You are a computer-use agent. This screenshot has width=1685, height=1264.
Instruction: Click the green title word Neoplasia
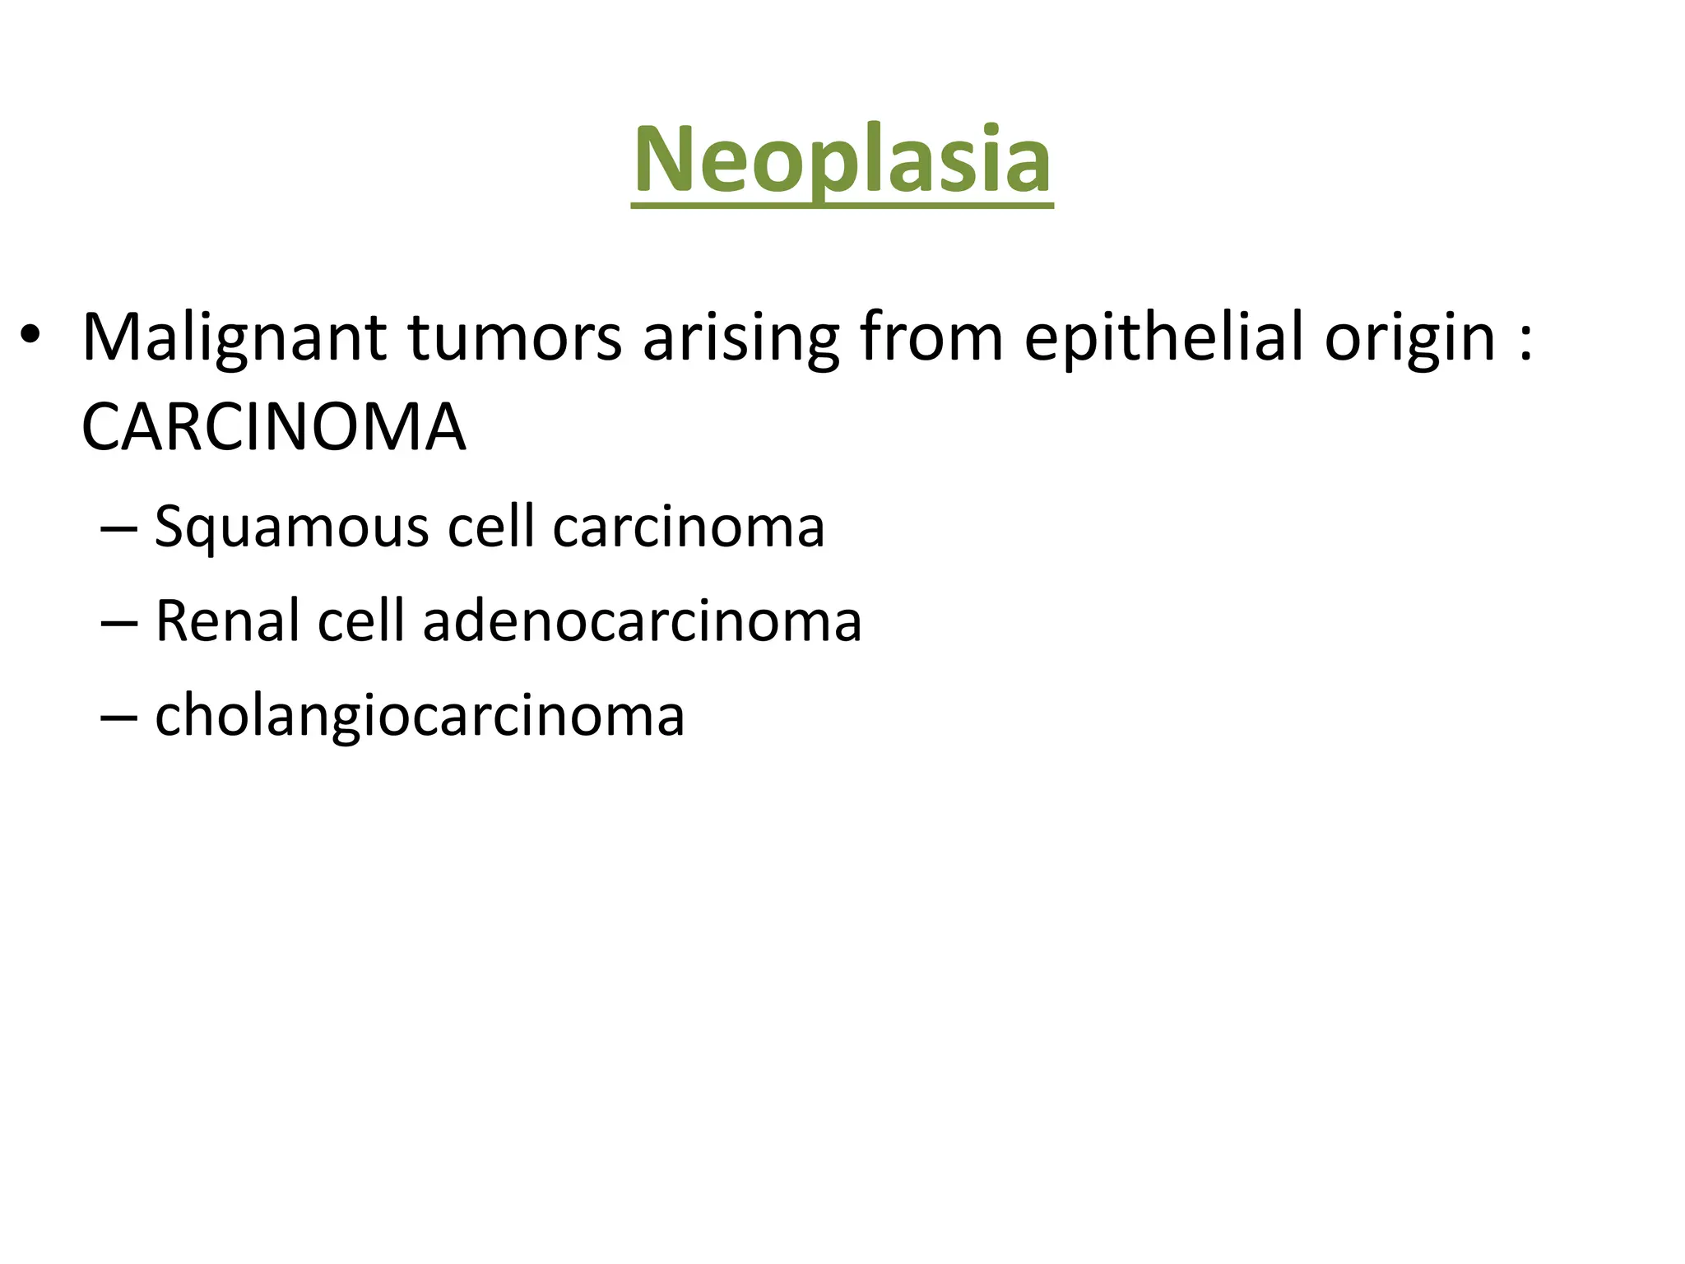tap(842, 160)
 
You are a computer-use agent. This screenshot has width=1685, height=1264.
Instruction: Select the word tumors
tap(515, 337)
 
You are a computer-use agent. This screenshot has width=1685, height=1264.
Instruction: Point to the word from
tap(931, 337)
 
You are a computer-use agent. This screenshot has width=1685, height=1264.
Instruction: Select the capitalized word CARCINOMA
tap(274, 428)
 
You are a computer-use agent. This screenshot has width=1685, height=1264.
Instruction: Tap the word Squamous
tap(291, 527)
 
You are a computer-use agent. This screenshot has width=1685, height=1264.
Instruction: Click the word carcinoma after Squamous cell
tap(688, 527)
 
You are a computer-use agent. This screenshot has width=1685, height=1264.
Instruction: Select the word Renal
tap(226, 620)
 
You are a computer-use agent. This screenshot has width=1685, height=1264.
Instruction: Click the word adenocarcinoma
tap(642, 620)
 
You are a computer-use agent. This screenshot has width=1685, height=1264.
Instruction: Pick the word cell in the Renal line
tap(360, 620)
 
